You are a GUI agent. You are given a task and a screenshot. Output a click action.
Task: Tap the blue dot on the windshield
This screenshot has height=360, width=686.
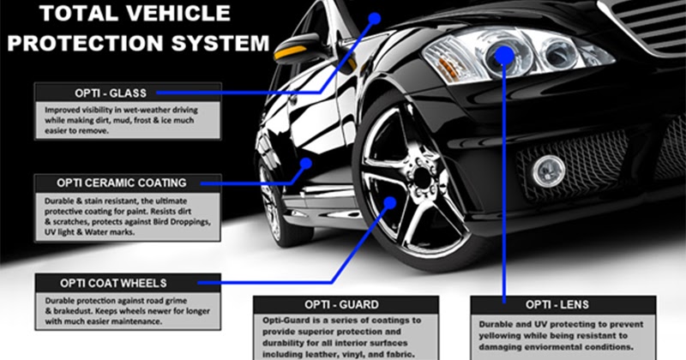coord(375,16)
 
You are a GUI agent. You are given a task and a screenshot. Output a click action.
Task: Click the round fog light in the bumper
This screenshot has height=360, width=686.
coord(548,171)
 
